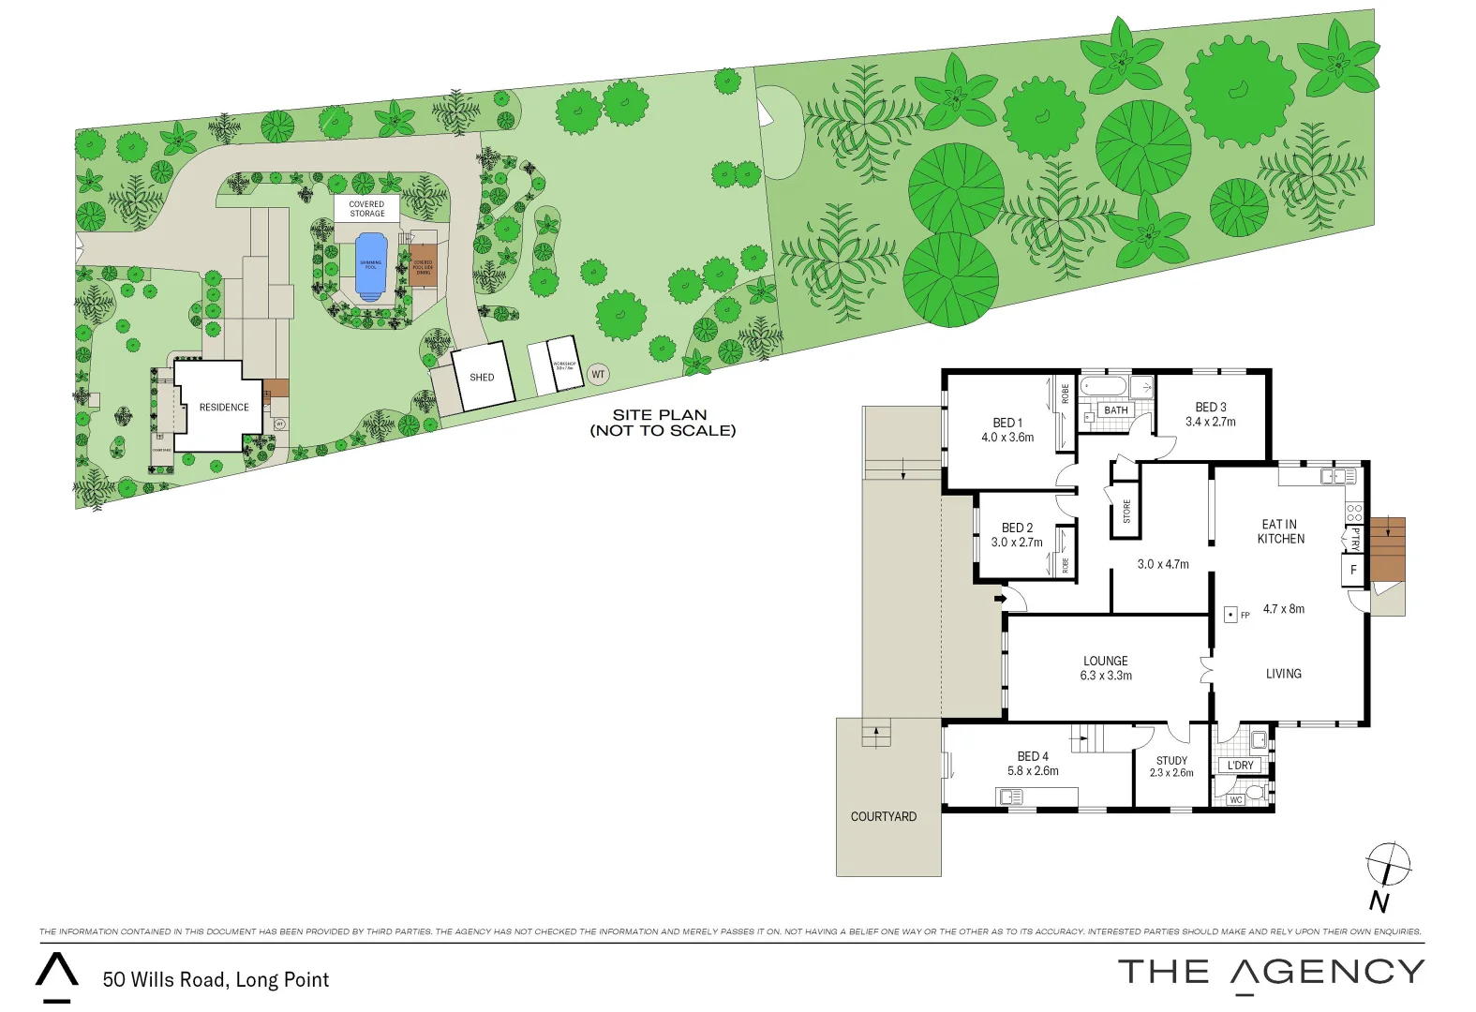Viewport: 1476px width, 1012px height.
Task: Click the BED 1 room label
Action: click(1007, 423)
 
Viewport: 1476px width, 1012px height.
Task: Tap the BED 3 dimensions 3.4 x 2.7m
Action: click(1210, 422)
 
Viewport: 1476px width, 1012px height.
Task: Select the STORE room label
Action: click(1126, 512)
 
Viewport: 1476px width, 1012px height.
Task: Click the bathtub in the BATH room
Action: click(1105, 386)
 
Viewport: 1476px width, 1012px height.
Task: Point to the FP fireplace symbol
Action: click(1230, 616)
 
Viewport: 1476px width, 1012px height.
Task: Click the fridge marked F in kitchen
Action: click(1352, 570)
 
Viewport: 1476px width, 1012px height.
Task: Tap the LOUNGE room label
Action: click(1106, 661)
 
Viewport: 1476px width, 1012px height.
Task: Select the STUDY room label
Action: click(1171, 760)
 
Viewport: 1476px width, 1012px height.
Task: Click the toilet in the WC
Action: click(1254, 795)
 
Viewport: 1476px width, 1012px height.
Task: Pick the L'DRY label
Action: click(1240, 766)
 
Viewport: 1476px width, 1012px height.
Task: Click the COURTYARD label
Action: click(883, 816)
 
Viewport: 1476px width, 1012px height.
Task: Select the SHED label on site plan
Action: click(482, 378)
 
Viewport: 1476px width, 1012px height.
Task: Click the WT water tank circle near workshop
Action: click(598, 375)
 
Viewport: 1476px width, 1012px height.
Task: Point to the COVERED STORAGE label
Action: click(366, 208)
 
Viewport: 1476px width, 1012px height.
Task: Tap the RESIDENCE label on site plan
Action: click(224, 408)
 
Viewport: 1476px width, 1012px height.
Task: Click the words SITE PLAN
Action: click(660, 414)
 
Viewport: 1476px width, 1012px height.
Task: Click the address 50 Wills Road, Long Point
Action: click(216, 979)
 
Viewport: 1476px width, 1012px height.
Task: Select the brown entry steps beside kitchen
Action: click(1387, 549)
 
